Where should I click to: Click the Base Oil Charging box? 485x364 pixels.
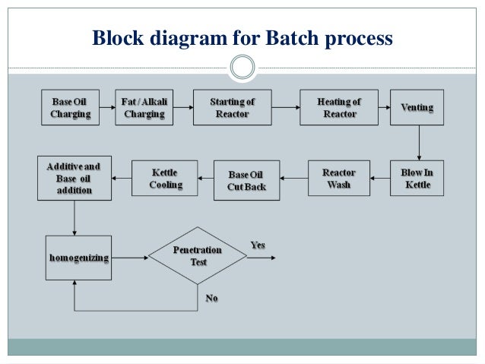71,108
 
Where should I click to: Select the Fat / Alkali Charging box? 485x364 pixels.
144,108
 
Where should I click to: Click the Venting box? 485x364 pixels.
417,108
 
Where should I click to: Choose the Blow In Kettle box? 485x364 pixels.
417,179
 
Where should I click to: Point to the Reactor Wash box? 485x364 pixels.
338,179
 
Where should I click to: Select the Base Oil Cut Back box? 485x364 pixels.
246,180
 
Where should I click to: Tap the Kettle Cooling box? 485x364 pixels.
165,179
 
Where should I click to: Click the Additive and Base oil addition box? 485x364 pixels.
74,178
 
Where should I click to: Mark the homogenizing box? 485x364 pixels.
78,258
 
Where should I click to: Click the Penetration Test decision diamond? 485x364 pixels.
198,256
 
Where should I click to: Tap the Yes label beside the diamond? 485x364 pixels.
258,245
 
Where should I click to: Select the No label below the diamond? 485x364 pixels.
211,299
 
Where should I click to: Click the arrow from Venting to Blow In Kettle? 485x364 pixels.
418,141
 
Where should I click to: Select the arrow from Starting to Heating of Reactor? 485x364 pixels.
284,108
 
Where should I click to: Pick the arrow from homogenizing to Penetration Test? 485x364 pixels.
129,258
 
